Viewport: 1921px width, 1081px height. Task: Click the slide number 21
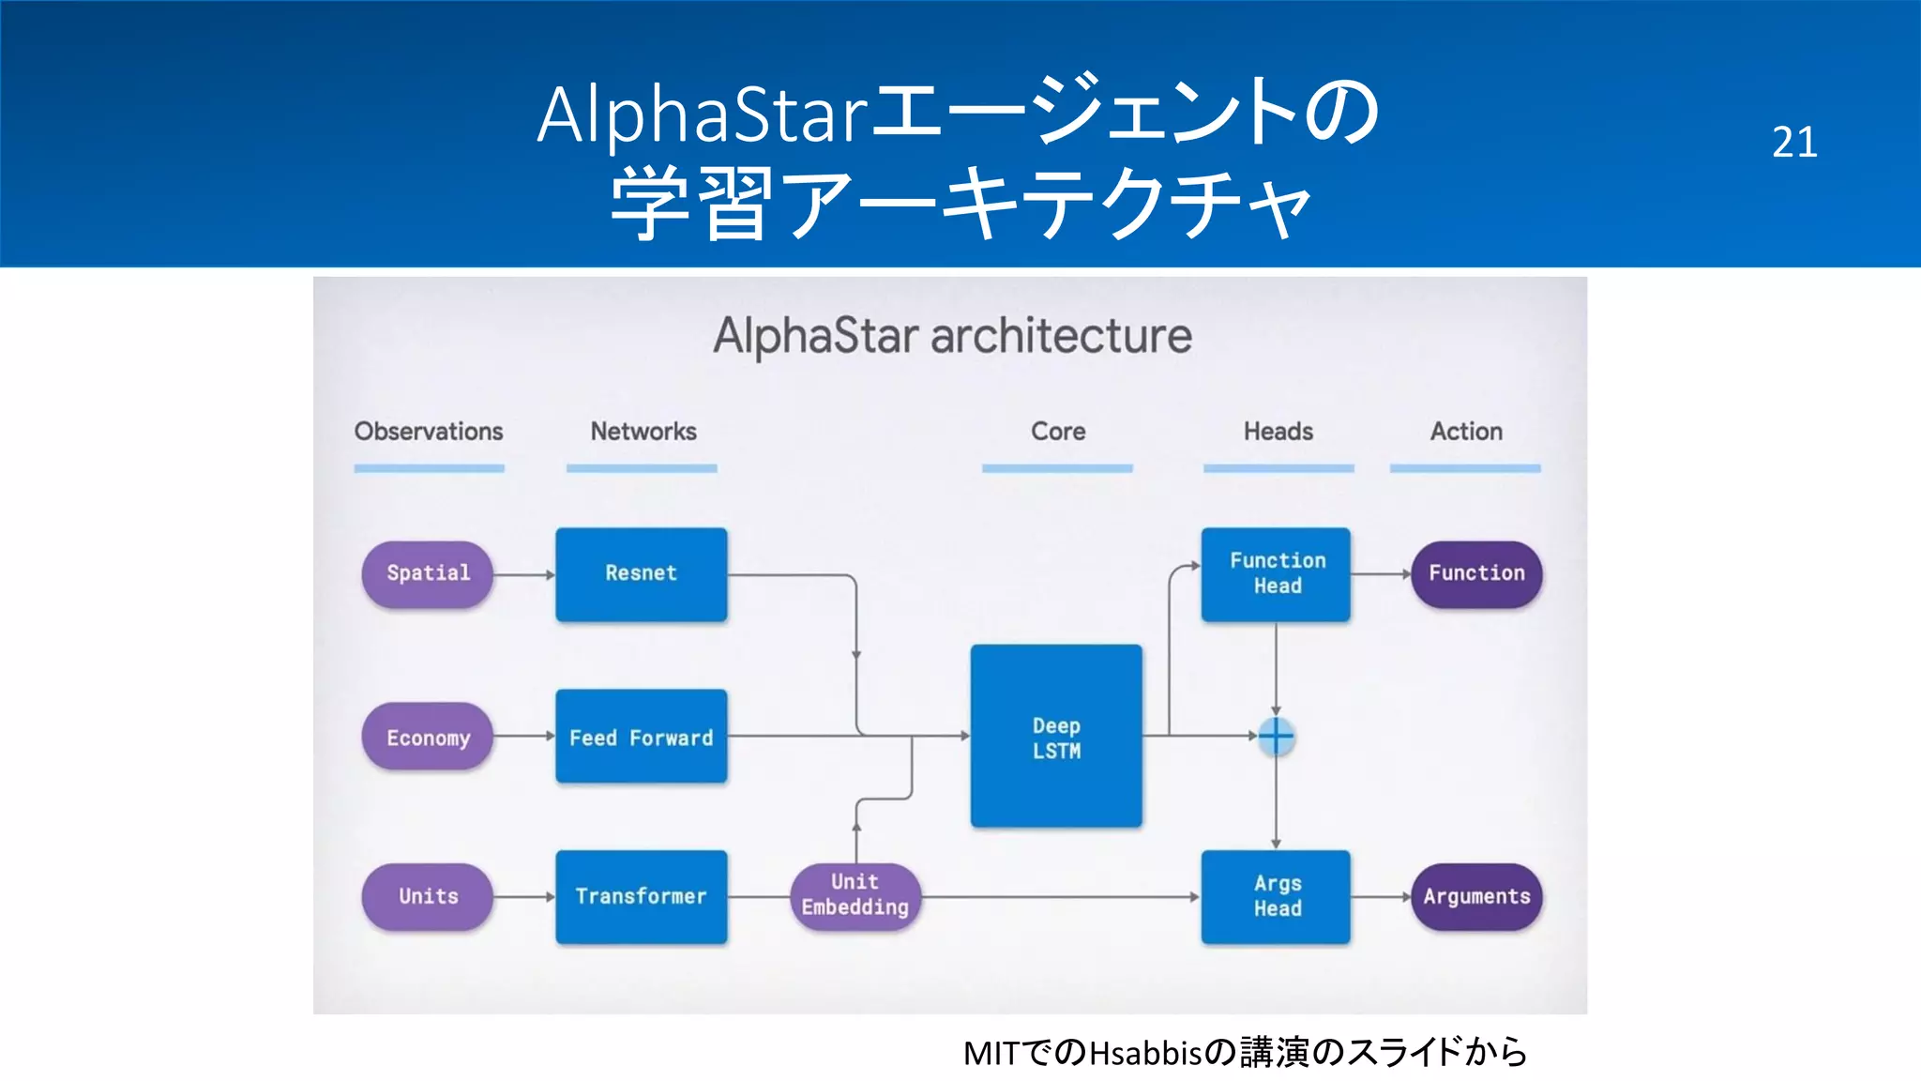[1793, 143]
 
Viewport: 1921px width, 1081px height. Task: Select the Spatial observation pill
[428, 573]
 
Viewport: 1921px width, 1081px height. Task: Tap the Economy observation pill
[428, 737]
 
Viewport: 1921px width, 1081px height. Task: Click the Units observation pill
[428, 896]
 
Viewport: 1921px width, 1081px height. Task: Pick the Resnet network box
[641, 573]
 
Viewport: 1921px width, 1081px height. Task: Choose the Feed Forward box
[641, 737]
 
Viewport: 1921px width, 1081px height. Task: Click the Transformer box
[641, 896]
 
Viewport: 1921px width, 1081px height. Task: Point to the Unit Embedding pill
[855, 895]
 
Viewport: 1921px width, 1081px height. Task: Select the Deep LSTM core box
[1056, 737]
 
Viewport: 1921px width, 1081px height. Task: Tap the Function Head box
[1276, 573]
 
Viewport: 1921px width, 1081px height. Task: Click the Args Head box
[1276, 896]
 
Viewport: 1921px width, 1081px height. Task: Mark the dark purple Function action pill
[1476, 573]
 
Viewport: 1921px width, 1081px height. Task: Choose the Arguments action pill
[1476, 896]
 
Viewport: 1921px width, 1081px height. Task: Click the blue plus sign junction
[1276, 736]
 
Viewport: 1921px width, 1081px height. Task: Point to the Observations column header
[429, 432]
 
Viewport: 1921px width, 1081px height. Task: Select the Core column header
[1058, 432]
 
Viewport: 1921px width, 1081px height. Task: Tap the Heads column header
[1278, 432]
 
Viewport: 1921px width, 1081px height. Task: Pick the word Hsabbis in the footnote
[1145, 1053]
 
